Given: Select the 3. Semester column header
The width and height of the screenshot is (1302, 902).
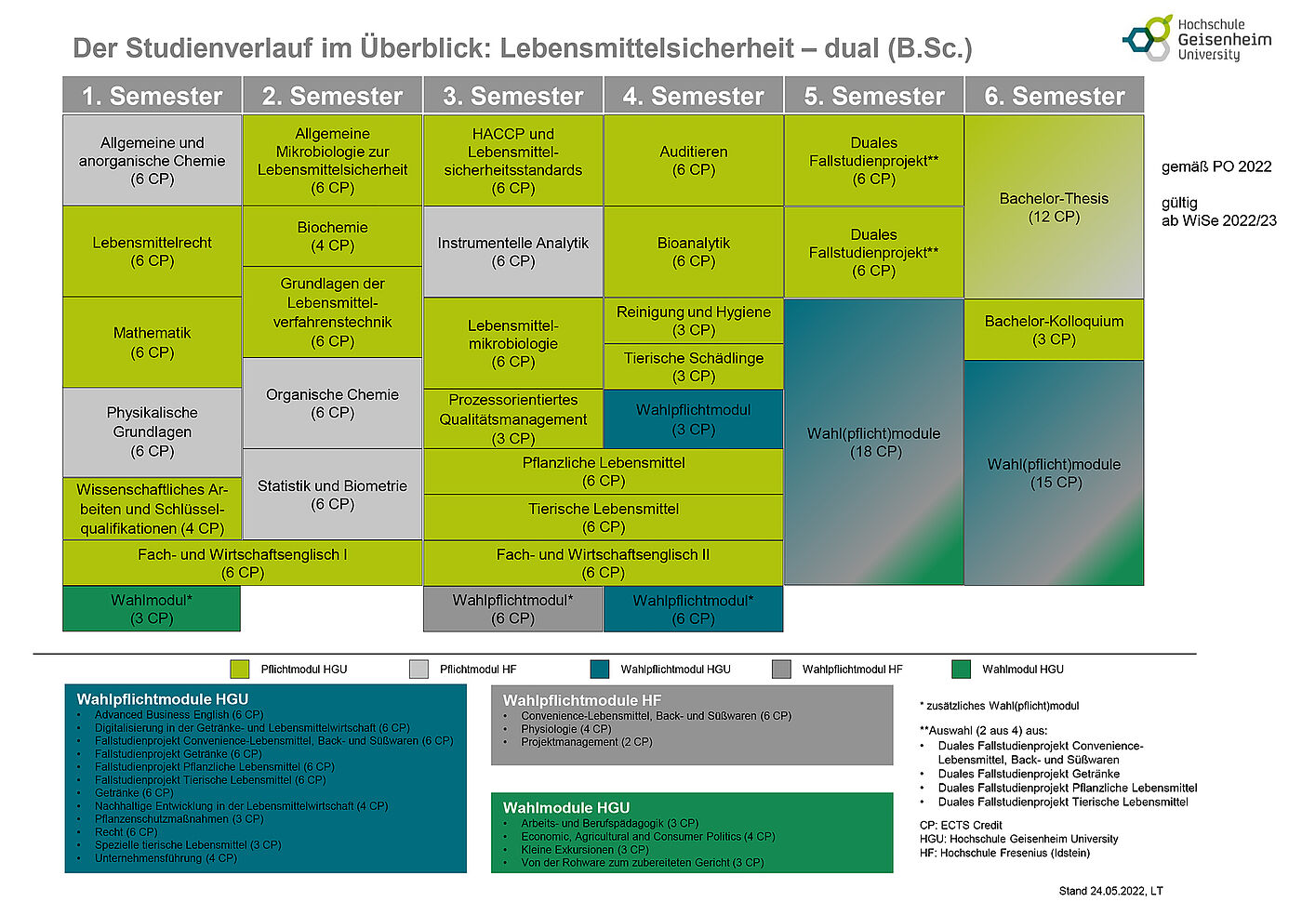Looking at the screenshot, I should click(x=512, y=96).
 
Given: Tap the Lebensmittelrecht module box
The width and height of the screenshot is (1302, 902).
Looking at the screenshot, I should click(x=152, y=251).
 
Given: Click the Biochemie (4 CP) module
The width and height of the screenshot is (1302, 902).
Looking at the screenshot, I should click(x=332, y=236).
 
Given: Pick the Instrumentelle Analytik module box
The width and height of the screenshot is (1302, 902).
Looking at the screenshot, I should click(x=512, y=252).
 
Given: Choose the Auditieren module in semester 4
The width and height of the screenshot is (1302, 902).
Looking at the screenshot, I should click(x=693, y=160).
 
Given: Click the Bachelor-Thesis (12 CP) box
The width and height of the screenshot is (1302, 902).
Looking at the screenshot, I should click(x=1054, y=206).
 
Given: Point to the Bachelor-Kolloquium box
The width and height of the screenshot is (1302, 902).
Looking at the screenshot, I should click(x=1054, y=330).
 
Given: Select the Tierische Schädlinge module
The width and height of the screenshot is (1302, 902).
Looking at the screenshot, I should click(x=693, y=366).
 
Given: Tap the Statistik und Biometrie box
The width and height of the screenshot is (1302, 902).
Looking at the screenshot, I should click(x=332, y=494).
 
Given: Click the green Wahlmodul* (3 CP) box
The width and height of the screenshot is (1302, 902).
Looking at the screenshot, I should click(x=152, y=609).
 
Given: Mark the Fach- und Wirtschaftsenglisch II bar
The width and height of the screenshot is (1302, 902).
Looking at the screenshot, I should click(x=603, y=564).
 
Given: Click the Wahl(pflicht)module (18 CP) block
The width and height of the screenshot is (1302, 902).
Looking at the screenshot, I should click(x=873, y=442).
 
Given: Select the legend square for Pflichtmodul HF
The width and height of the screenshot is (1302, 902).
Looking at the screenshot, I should click(x=418, y=669).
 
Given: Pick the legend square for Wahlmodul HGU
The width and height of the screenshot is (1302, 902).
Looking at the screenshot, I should click(x=962, y=669).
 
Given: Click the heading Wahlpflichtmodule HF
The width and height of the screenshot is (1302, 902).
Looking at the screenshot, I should click(x=582, y=700).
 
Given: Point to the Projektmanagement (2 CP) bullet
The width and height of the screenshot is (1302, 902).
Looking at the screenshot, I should click(x=586, y=742).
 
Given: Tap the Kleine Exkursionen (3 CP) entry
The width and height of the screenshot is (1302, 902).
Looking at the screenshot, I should click(x=584, y=849).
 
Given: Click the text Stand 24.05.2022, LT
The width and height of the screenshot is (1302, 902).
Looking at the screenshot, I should click(x=1110, y=891).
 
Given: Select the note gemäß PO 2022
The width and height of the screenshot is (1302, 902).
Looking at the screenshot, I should click(x=1216, y=166).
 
